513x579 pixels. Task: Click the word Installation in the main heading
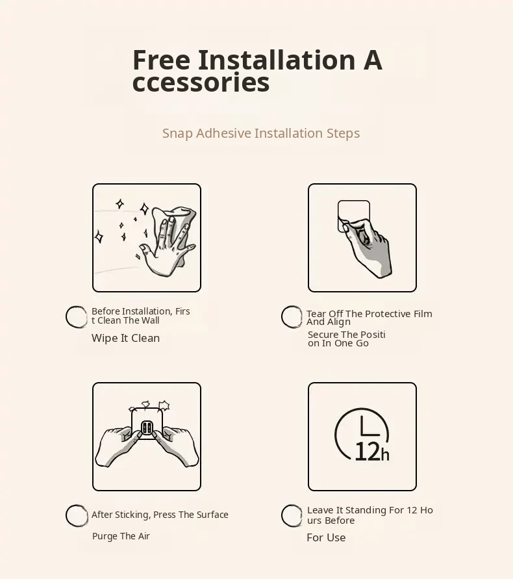[277, 60]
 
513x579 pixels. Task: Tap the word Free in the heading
[161, 60]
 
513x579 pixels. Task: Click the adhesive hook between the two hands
[147, 423]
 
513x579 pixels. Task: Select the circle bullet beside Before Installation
[77, 317]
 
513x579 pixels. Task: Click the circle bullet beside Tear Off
[292, 317]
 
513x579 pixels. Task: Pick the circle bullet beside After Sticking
[77, 515]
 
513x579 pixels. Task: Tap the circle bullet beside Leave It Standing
[292, 515]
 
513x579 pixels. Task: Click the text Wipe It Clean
[125, 339]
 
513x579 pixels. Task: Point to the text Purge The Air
[121, 536]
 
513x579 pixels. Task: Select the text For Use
[326, 537]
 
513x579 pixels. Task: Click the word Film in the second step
[423, 314]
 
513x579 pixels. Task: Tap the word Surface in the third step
[212, 515]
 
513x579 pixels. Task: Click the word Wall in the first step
[150, 320]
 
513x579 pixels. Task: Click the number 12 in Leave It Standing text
[412, 510]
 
